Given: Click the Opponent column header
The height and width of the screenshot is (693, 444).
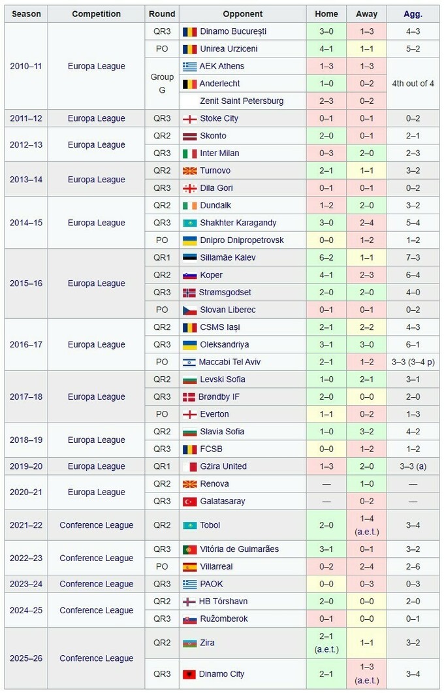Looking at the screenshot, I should (x=242, y=14).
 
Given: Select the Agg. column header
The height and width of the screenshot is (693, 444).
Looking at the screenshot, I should (x=413, y=14).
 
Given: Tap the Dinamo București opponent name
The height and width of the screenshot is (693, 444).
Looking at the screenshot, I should (x=233, y=31).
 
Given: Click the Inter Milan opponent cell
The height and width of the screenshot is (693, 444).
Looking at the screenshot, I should (x=219, y=153).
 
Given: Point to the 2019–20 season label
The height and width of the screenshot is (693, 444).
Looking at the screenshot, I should (x=26, y=466).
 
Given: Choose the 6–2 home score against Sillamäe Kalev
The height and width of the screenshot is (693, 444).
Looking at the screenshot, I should (x=326, y=257).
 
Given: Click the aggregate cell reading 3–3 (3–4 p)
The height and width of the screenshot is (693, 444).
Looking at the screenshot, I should (x=413, y=362).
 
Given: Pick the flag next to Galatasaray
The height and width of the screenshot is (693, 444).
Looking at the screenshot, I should (x=189, y=501).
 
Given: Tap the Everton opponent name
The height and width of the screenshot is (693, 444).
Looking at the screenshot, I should (x=214, y=414).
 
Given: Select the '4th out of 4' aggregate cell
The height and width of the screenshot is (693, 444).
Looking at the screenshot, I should (x=413, y=84).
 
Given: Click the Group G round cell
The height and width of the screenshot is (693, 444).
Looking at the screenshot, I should (x=162, y=84).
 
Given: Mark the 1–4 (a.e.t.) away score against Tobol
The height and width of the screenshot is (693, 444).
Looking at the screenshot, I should (x=366, y=525).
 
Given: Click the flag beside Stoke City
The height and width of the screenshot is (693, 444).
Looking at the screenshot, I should (x=189, y=118).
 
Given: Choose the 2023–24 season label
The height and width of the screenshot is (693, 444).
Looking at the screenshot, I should (x=26, y=584).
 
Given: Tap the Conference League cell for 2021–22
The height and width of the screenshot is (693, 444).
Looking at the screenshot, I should (x=96, y=525).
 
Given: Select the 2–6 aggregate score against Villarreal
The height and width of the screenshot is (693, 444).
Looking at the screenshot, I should (x=413, y=566).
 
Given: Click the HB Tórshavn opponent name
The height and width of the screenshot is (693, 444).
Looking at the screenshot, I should (x=223, y=602).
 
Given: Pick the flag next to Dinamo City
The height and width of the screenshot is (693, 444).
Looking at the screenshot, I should (x=189, y=674).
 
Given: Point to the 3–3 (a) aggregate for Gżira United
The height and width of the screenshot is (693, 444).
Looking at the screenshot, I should (x=413, y=466).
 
